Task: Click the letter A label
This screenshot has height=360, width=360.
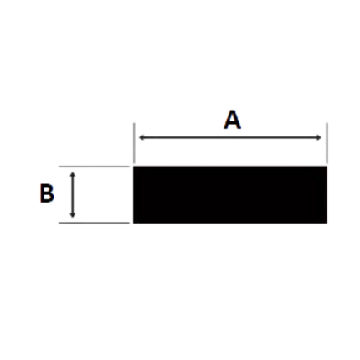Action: [x=233, y=120]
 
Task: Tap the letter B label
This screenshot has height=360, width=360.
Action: [x=47, y=193]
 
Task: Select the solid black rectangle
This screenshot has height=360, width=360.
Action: [x=230, y=194]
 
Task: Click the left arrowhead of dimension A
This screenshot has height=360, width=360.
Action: [x=141, y=137]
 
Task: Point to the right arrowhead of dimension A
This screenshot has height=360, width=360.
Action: [x=319, y=137]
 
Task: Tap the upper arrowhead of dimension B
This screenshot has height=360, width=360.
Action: [x=73, y=175]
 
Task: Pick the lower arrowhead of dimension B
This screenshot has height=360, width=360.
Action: [x=73, y=214]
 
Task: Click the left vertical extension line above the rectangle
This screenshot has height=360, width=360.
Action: [x=134, y=143]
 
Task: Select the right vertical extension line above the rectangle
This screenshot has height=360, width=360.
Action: [x=327, y=143]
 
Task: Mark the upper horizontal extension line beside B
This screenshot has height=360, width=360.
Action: [x=94, y=167]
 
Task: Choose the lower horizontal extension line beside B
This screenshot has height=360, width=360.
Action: [x=94, y=223]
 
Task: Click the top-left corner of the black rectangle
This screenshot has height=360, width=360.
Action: [x=133, y=167]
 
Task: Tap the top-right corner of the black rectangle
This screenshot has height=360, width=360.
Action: [x=327, y=167]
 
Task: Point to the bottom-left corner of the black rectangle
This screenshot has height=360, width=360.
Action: [x=133, y=223]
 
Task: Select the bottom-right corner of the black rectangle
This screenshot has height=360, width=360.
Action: [x=327, y=223]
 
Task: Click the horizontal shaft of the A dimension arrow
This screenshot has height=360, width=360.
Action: [x=230, y=137]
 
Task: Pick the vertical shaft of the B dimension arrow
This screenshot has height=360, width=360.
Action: [x=73, y=195]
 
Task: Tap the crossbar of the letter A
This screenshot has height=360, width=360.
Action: [x=233, y=123]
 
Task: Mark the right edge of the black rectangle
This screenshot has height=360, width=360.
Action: [x=327, y=194]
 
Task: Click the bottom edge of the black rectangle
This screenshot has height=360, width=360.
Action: [x=230, y=223]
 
